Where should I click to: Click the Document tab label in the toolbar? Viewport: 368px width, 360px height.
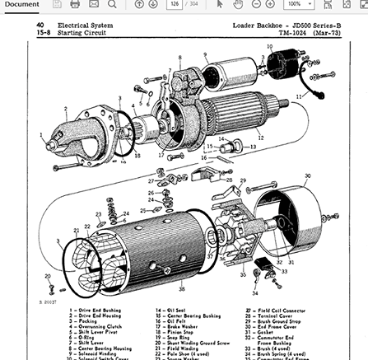[x=21, y=4]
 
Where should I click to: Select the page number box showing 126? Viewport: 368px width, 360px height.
[x=175, y=4]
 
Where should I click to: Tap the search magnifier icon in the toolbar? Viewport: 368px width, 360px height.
[x=111, y=4]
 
